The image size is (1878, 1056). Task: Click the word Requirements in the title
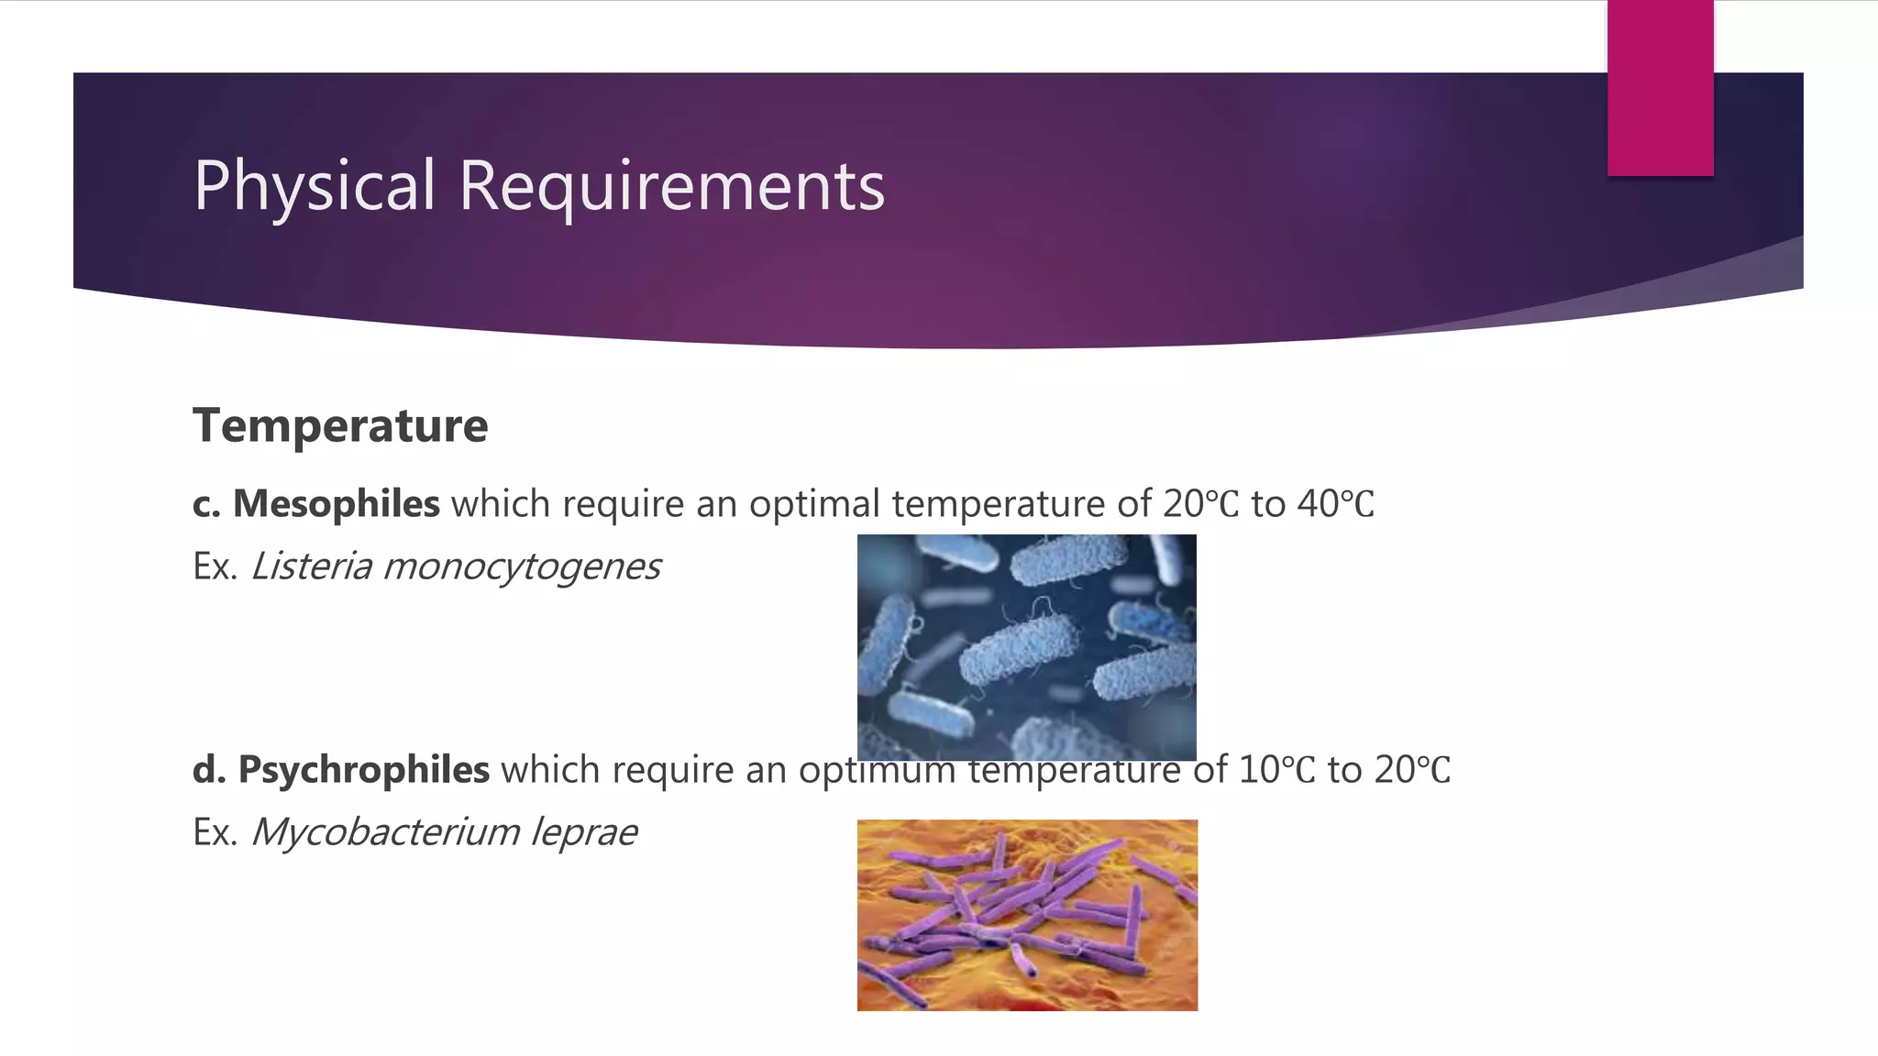tap(671, 186)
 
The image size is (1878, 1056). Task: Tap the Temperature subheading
tap(340, 425)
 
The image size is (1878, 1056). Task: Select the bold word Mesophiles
tap(336, 504)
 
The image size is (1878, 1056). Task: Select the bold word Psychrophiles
tap(363, 770)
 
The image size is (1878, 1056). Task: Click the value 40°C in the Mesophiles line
tap(1335, 504)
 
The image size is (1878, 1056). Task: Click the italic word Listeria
tap(312, 566)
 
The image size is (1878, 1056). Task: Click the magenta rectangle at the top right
tap(1660, 88)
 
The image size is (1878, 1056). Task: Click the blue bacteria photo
tap(1026, 646)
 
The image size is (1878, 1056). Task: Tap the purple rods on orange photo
tap(1027, 915)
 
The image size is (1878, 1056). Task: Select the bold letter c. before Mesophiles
tap(206, 505)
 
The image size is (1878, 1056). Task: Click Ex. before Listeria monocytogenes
tap(215, 566)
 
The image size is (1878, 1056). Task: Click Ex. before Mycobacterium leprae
tap(215, 832)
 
